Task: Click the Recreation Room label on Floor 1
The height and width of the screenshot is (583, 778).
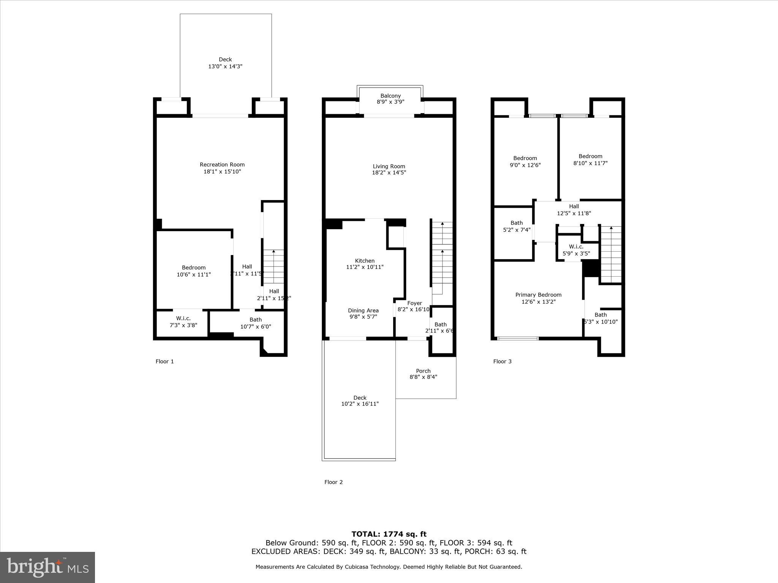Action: (x=222, y=165)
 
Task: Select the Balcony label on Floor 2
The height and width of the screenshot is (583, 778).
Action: (x=391, y=96)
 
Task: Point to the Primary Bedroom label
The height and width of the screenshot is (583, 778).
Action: (x=538, y=295)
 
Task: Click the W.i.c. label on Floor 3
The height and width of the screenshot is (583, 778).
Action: (x=576, y=247)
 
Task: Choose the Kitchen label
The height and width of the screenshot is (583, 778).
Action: (x=365, y=261)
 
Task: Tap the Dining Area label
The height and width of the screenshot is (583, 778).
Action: (x=363, y=310)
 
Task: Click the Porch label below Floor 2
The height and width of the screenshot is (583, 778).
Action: (x=423, y=371)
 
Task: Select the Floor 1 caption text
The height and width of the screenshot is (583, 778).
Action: (x=164, y=361)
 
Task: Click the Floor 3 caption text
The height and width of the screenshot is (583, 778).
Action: (x=502, y=361)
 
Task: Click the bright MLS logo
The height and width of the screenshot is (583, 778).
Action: (x=47, y=567)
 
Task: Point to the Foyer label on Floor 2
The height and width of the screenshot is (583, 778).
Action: (x=414, y=303)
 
